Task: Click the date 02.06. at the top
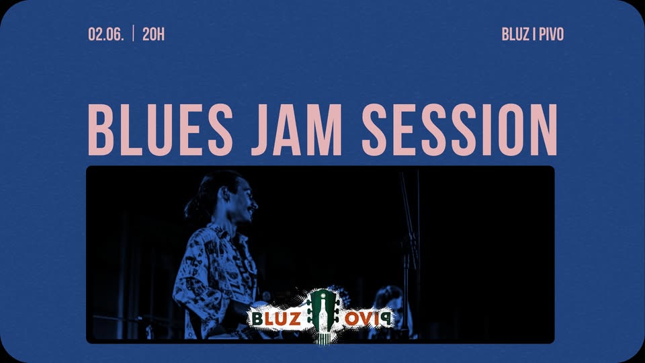click(x=105, y=34)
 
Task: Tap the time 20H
click(x=153, y=34)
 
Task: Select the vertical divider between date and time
click(x=133, y=34)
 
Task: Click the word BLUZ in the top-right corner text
click(x=515, y=34)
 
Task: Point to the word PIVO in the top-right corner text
click(x=551, y=34)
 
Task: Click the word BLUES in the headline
click(x=161, y=130)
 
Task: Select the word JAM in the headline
click(x=297, y=130)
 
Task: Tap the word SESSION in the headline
click(x=460, y=130)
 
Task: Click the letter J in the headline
click(x=261, y=130)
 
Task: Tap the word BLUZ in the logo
click(x=276, y=319)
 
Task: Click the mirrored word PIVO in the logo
click(x=368, y=319)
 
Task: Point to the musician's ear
click(x=224, y=194)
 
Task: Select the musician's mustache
click(x=251, y=210)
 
